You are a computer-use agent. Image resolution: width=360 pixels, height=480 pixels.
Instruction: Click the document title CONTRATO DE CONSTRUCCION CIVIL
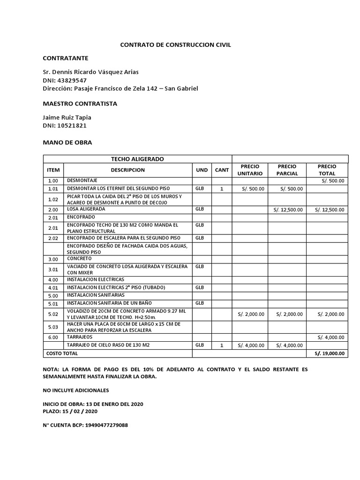click(x=176, y=45)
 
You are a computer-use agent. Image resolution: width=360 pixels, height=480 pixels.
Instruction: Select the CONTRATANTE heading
click(x=65, y=58)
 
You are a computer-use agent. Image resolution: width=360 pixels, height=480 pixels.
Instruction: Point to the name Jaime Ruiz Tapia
click(x=67, y=118)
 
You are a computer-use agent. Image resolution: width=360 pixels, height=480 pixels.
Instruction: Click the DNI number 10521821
click(x=71, y=126)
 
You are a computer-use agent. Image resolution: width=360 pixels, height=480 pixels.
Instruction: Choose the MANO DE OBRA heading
click(x=67, y=142)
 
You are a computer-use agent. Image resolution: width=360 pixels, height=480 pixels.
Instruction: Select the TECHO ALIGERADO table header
click(x=137, y=159)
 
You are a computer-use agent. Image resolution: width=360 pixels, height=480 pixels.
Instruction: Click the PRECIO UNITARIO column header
click(x=250, y=170)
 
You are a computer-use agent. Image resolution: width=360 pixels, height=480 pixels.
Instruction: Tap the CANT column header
click(x=222, y=170)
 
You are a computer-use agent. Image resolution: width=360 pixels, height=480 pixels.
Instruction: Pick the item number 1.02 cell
click(x=52, y=200)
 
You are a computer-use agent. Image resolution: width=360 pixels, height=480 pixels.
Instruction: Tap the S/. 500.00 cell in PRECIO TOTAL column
click(x=333, y=180)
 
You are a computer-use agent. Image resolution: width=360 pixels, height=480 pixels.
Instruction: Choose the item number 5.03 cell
click(x=52, y=327)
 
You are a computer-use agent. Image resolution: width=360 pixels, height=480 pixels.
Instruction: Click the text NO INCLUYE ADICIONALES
click(x=75, y=390)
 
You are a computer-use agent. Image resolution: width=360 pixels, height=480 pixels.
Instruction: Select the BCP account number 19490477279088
click(x=107, y=425)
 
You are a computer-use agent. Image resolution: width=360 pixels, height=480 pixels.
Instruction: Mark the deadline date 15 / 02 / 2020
click(x=81, y=411)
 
